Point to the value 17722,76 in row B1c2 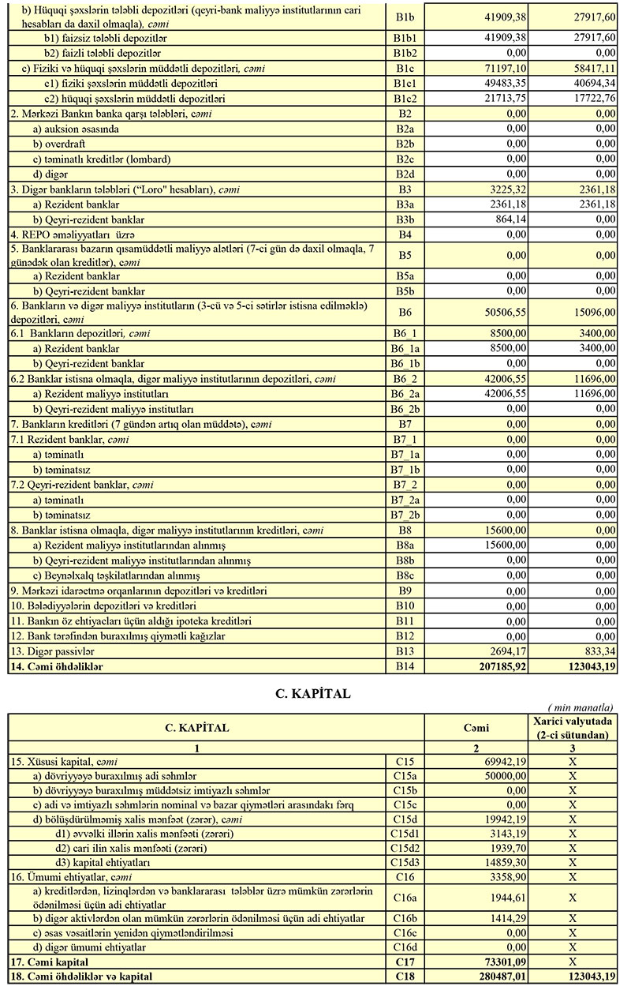pyautogui.click(x=587, y=99)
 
